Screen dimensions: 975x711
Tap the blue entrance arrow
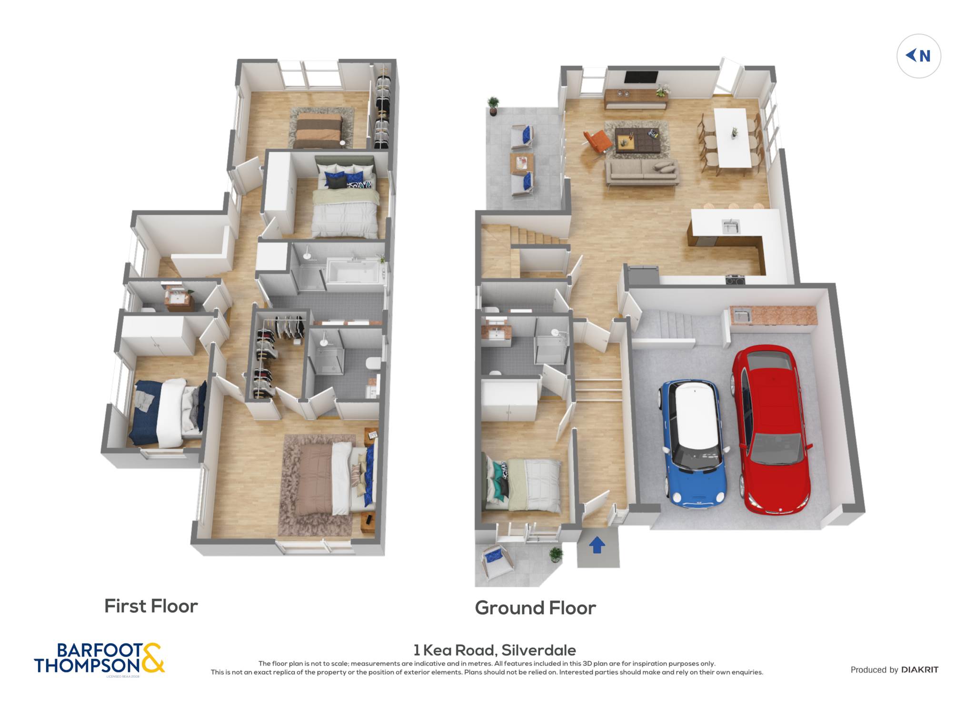(x=597, y=545)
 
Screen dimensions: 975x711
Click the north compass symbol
(x=918, y=56)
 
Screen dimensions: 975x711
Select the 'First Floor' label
(x=151, y=606)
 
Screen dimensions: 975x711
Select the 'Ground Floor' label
(x=535, y=608)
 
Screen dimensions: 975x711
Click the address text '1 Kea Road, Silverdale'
(x=495, y=650)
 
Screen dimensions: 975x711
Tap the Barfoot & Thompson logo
(x=99, y=659)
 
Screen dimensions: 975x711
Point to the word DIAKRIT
(x=920, y=670)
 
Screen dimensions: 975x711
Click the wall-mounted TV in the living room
(x=641, y=77)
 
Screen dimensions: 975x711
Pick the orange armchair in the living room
(x=597, y=141)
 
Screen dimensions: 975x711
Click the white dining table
(x=732, y=138)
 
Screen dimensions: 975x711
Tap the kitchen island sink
(x=730, y=227)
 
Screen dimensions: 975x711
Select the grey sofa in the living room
(x=642, y=172)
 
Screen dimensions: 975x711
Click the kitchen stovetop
(x=735, y=280)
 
